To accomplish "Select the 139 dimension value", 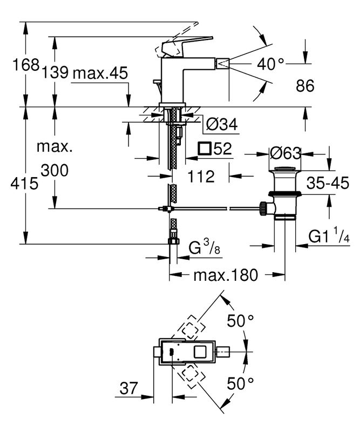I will pos(54,73).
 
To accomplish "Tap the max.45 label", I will pos(99,73).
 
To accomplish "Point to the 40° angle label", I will pos(270,65).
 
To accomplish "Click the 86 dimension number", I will pos(305,86).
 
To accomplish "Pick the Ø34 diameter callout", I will pos(222,125).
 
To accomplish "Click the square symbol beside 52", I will pos(204,148).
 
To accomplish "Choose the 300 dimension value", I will pos(54,171).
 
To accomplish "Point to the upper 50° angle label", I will pos(240,321).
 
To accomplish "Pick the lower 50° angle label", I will pos(240,384).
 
